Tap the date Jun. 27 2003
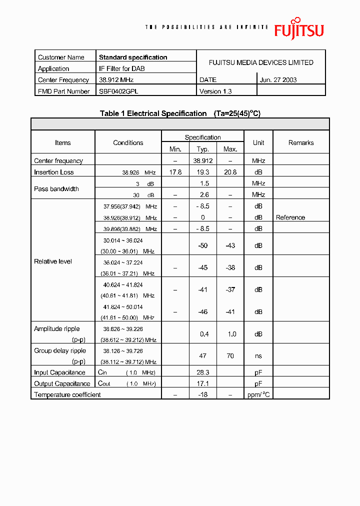pos(278,80)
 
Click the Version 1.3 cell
pos(215,91)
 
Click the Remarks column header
pos(301,143)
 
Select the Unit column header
pos(258,143)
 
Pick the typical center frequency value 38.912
pos(203,161)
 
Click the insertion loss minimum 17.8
pos(175,172)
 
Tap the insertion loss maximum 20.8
pos(230,172)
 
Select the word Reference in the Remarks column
pos(290,218)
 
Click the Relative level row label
pos(53,261)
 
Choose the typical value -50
pos(202,246)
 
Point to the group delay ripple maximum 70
pos(230,356)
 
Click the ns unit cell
pos(258,356)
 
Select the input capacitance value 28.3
pos(202,372)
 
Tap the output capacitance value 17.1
pos(202,384)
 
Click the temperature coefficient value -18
pos(202,395)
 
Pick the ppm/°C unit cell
pos(258,395)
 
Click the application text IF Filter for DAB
pos(122,69)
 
